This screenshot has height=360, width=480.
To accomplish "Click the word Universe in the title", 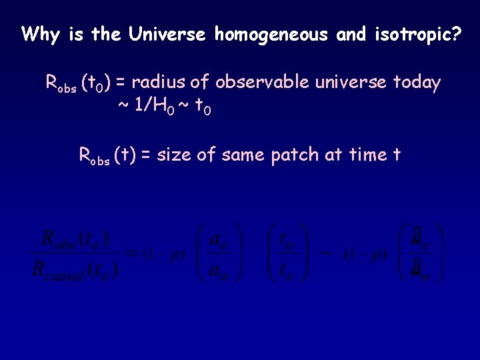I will point(167,35).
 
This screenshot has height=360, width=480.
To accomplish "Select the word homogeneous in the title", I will point(271,35).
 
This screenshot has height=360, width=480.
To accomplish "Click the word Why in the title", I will point(40,35).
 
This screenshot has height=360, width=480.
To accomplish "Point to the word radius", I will point(155,83).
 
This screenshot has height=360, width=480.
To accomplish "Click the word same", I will point(244,155).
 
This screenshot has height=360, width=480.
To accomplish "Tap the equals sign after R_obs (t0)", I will point(121,83).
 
